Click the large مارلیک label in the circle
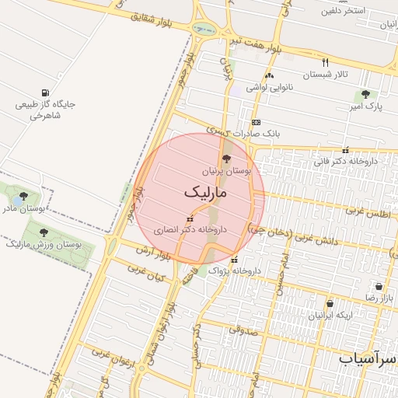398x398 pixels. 205,192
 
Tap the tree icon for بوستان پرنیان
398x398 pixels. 227,158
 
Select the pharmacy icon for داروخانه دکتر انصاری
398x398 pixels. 190,218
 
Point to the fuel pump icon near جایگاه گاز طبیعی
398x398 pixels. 51,93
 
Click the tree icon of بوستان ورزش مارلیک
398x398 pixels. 44,232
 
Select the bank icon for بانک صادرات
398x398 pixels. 256,122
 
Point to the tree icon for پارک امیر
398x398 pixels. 365,93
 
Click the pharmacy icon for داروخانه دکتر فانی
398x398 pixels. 345,150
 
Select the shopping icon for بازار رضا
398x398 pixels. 379,286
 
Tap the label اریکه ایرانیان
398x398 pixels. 330,315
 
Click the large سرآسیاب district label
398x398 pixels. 368,358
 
